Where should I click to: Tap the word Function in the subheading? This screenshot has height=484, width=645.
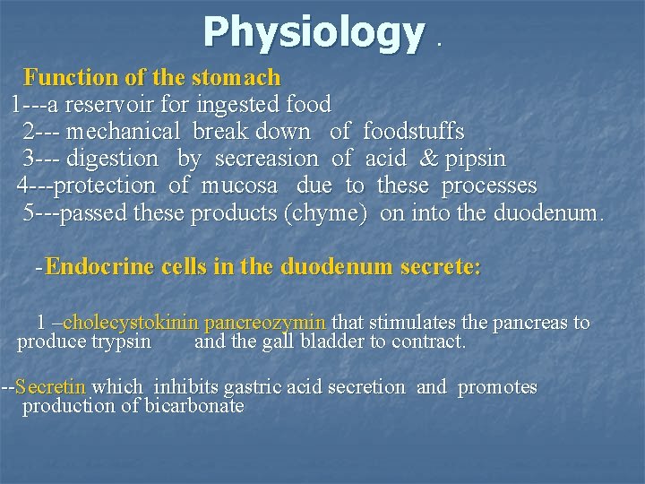click(61, 77)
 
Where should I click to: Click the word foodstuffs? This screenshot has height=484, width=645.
click(413, 132)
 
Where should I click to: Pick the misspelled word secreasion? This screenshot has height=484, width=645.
click(266, 159)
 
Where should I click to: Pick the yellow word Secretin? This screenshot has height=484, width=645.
click(51, 387)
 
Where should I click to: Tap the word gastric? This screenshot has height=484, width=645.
click(258, 387)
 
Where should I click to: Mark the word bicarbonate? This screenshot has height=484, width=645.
click(193, 406)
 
